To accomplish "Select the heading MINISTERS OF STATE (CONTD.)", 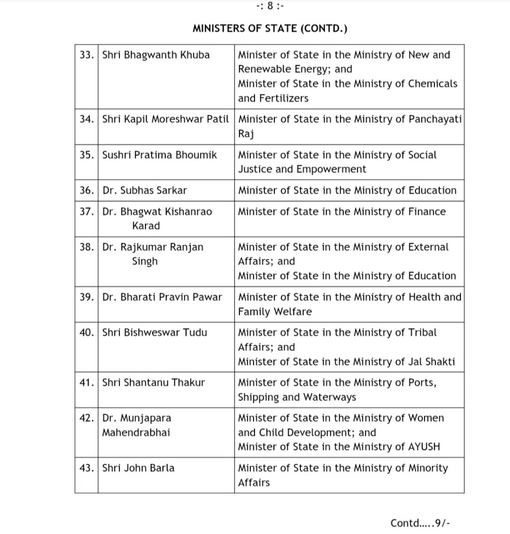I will click(x=270, y=29).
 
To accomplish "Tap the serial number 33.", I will click(x=86, y=55).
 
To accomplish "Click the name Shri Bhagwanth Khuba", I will click(x=156, y=55).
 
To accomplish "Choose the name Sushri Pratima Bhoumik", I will click(x=160, y=155).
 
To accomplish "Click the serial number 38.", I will click(x=86, y=247).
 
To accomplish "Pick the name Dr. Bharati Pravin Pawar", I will click(x=162, y=297).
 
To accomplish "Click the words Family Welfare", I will click(x=275, y=312).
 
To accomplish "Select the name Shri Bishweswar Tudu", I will click(x=155, y=332).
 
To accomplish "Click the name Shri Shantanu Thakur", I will click(x=154, y=382).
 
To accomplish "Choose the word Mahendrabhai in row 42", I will click(x=137, y=432).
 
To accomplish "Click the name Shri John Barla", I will click(x=138, y=468).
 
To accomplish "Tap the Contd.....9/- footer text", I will click(x=423, y=523).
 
